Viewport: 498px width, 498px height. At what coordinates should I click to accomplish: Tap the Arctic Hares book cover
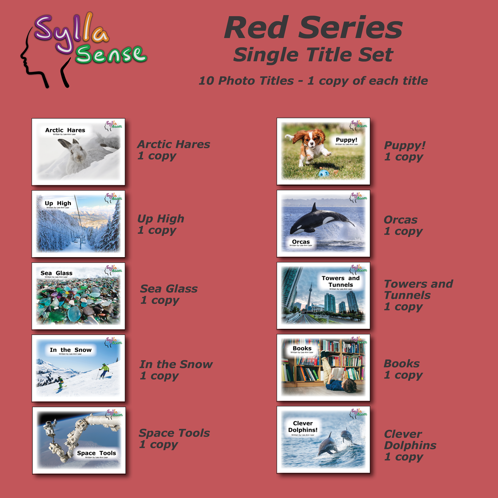78,152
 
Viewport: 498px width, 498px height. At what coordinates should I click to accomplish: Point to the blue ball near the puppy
323,173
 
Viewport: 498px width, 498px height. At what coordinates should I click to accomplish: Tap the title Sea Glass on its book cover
57,273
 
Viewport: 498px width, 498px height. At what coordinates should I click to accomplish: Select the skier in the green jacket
104,370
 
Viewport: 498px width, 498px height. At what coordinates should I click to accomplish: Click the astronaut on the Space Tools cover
50,429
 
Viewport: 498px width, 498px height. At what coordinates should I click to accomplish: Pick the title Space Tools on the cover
96,453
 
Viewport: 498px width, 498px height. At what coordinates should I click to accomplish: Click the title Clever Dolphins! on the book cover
303,427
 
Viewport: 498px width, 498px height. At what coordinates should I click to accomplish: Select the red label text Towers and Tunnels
418,289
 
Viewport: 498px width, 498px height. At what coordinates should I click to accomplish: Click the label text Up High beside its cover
161,219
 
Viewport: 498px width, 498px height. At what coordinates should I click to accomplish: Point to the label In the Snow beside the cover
176,365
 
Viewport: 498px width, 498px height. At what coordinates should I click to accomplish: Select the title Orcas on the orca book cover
301,242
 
